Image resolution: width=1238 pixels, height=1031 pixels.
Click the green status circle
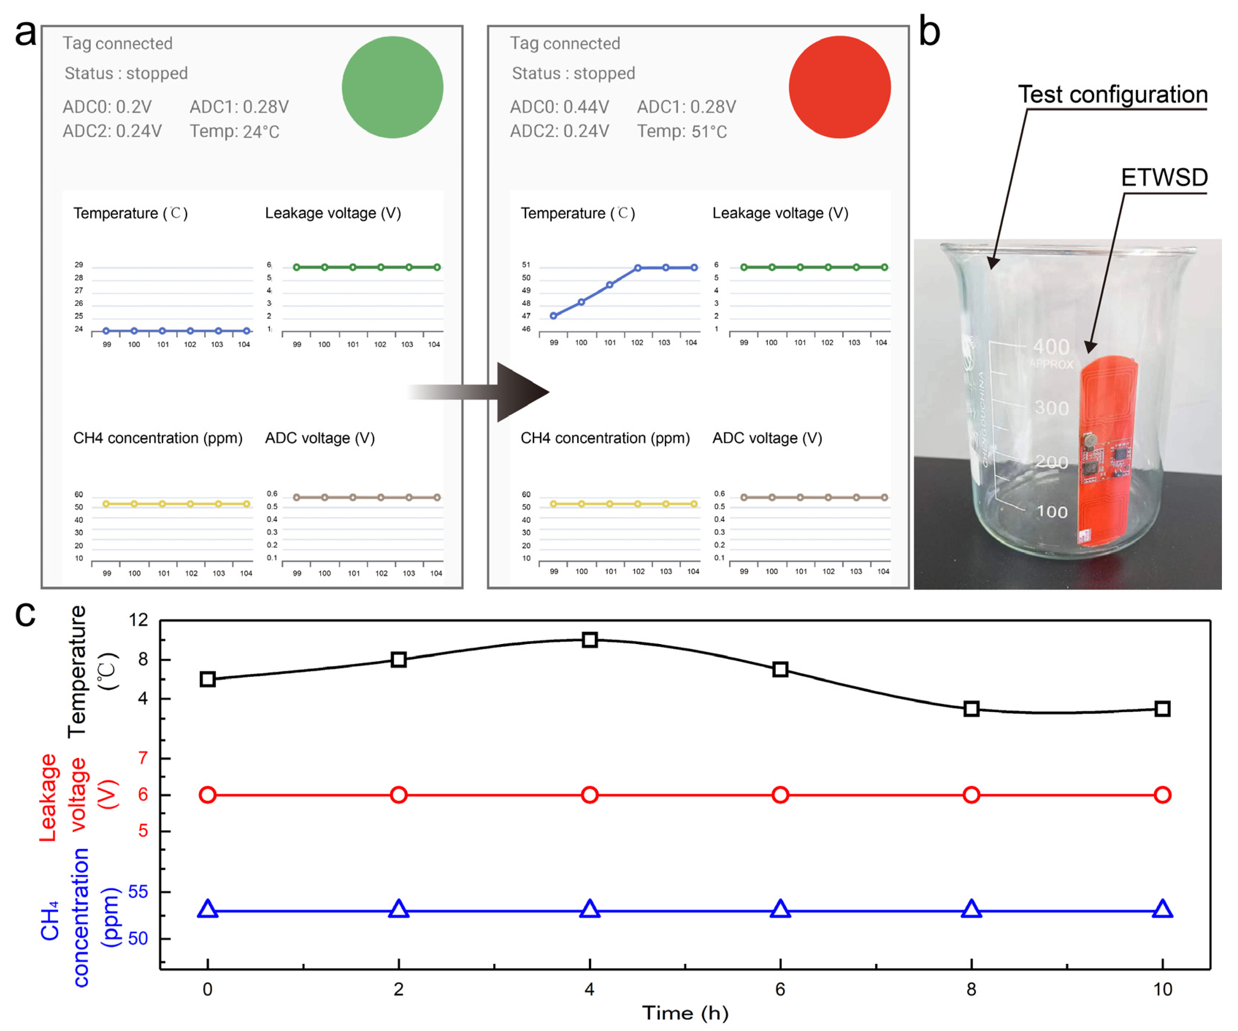392,87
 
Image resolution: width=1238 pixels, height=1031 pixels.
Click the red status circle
839,87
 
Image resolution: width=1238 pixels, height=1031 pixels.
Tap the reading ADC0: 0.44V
559,107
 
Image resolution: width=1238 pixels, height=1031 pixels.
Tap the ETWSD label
1164,177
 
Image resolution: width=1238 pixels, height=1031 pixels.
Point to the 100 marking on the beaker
1052,511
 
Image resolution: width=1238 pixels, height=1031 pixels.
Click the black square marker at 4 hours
590,640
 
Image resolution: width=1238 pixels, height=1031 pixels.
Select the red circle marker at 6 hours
780,795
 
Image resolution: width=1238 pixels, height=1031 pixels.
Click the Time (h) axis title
685,1013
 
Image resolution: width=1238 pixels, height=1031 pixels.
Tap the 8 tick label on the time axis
971,989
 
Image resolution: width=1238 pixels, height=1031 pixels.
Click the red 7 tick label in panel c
143,758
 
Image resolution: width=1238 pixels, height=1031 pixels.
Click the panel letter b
929,32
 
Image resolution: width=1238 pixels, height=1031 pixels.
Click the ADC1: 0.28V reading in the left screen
239,107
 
